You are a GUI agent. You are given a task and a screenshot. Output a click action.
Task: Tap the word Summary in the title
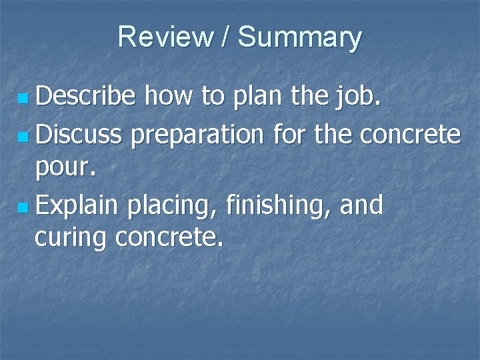[299, 37]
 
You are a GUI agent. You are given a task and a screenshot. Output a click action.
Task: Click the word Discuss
[79, 135]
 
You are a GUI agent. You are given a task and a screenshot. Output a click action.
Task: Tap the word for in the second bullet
[291, 135]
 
